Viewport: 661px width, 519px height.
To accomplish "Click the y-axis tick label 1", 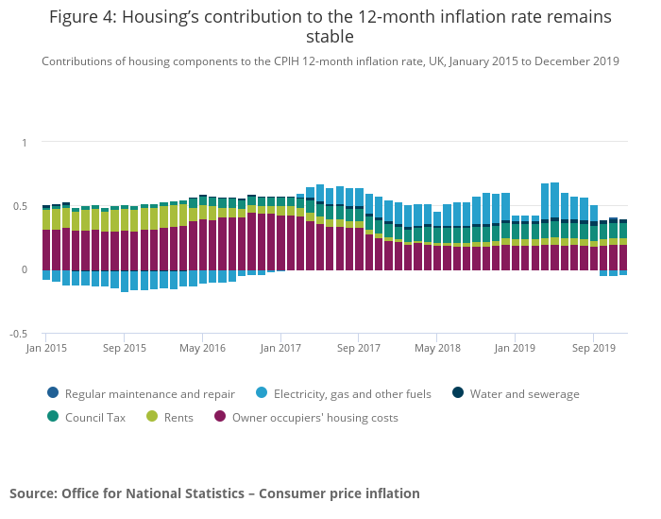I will [25, 143].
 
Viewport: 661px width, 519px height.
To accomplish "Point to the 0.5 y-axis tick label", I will [21, 206].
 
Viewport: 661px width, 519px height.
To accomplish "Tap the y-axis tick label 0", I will [25, 269].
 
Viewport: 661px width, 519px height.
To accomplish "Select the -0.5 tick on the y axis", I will [19, 334].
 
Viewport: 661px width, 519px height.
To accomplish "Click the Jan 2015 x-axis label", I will [46, 348].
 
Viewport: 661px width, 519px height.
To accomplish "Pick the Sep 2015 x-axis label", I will [125, 348].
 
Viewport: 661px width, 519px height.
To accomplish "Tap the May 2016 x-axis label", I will [203, 348].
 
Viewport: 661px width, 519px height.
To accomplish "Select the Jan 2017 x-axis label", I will [280, 348].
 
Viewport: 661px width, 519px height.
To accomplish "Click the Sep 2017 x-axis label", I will [359, 348].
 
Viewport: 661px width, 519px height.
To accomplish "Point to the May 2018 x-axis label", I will [437, 348].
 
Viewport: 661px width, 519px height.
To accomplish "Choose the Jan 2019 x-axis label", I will [515, 348].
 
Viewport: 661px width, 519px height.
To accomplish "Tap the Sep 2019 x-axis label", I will [593, 348].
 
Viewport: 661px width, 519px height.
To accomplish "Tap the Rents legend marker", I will [151, 416].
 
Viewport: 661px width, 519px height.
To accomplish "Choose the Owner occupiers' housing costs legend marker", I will [220, 416].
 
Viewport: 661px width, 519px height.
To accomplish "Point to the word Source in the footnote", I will [33, 493].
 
